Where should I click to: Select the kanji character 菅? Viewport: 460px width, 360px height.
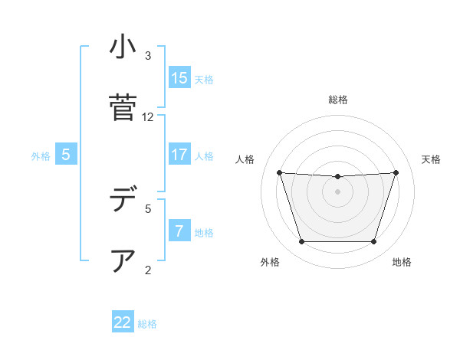[122, 107]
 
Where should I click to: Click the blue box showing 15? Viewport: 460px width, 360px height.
[179, 78]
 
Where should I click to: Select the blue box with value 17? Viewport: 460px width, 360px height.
[179, 155]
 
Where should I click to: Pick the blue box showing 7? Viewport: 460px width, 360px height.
[179, 231]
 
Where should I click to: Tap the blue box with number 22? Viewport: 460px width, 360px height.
[123, 322]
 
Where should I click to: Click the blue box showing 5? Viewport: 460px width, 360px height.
[66, 155]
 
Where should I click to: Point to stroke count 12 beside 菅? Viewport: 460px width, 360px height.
[148, 117]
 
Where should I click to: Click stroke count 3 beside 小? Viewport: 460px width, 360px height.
[148, 56]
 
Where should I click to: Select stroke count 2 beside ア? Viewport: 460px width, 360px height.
[148, 270]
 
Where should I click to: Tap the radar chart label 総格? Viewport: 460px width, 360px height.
[338, 100]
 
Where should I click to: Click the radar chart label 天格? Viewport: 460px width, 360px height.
[431, 159]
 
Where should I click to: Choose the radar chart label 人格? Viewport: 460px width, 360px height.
[245, 159]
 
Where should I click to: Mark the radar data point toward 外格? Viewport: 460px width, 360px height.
[301, 242]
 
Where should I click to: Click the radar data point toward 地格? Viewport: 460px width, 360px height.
[374, 242]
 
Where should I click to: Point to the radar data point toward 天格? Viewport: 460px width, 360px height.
[396, 172]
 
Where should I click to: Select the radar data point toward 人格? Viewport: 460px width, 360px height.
[279, 172]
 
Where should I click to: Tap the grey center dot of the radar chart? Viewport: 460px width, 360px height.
[338, 191]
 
